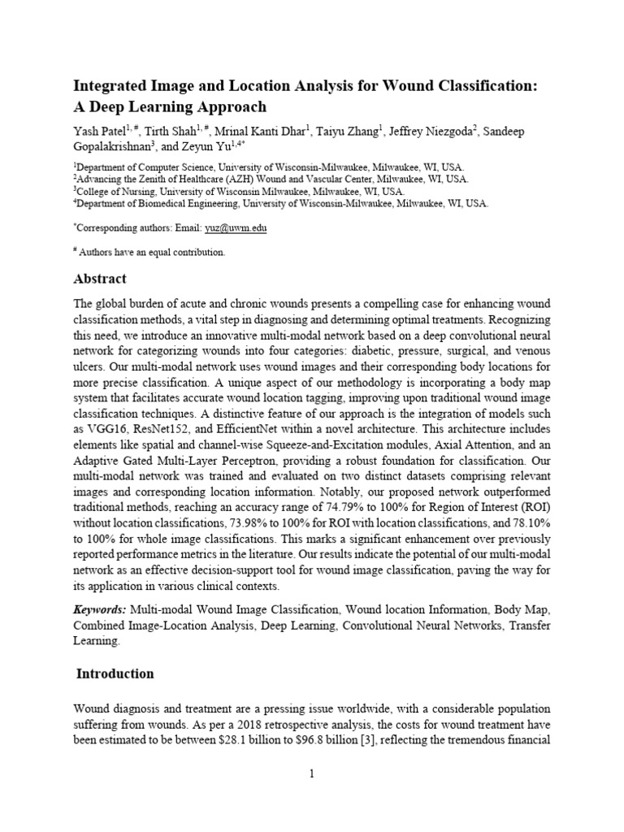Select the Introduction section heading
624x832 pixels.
tap(115, 674)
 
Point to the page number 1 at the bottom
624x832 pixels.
tap(311, 774)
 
